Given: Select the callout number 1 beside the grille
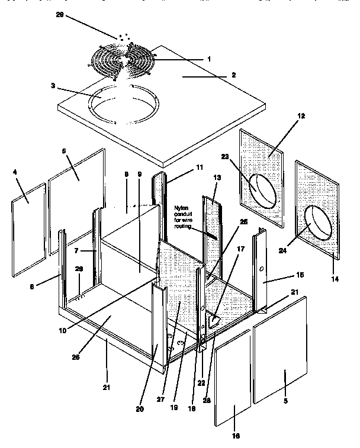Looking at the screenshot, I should coord(208,59).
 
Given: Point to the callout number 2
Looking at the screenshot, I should coord(233,75).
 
